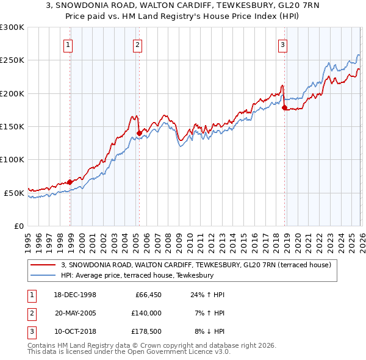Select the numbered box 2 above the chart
tap(138, 45)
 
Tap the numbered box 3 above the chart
tap(282, 45)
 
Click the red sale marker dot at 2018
tap(285, 108)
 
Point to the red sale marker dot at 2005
tap(139, 133)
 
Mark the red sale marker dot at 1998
tap(70, 182)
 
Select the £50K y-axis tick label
tap(14, 193)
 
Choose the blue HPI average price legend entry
tap(137, 275)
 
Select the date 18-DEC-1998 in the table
tap(75, 295)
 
